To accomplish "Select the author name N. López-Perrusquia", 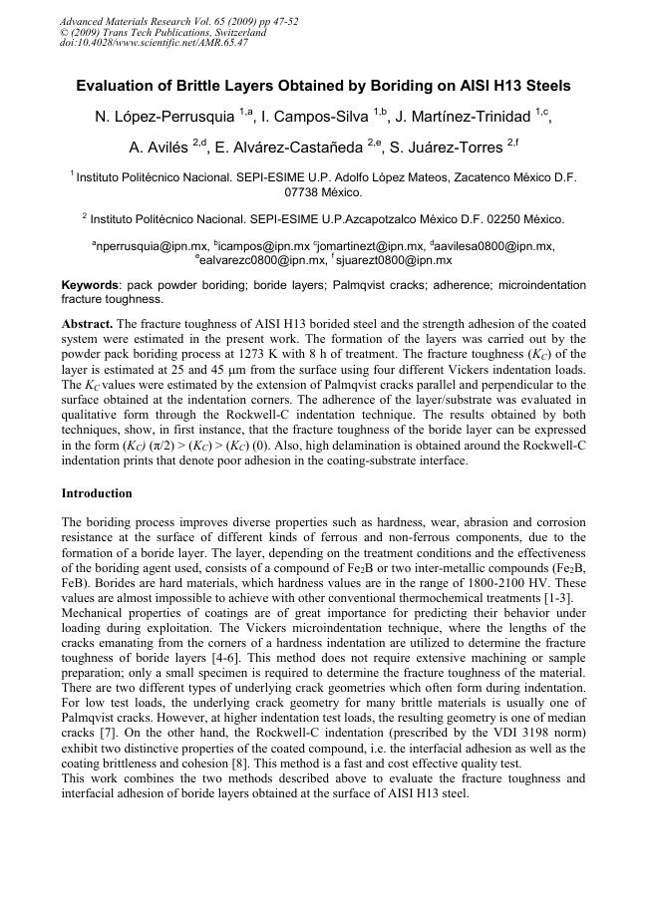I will click(x=164, y=118).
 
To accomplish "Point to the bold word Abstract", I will click(x=87, y=324).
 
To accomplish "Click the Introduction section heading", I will click(x=97, y=493).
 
